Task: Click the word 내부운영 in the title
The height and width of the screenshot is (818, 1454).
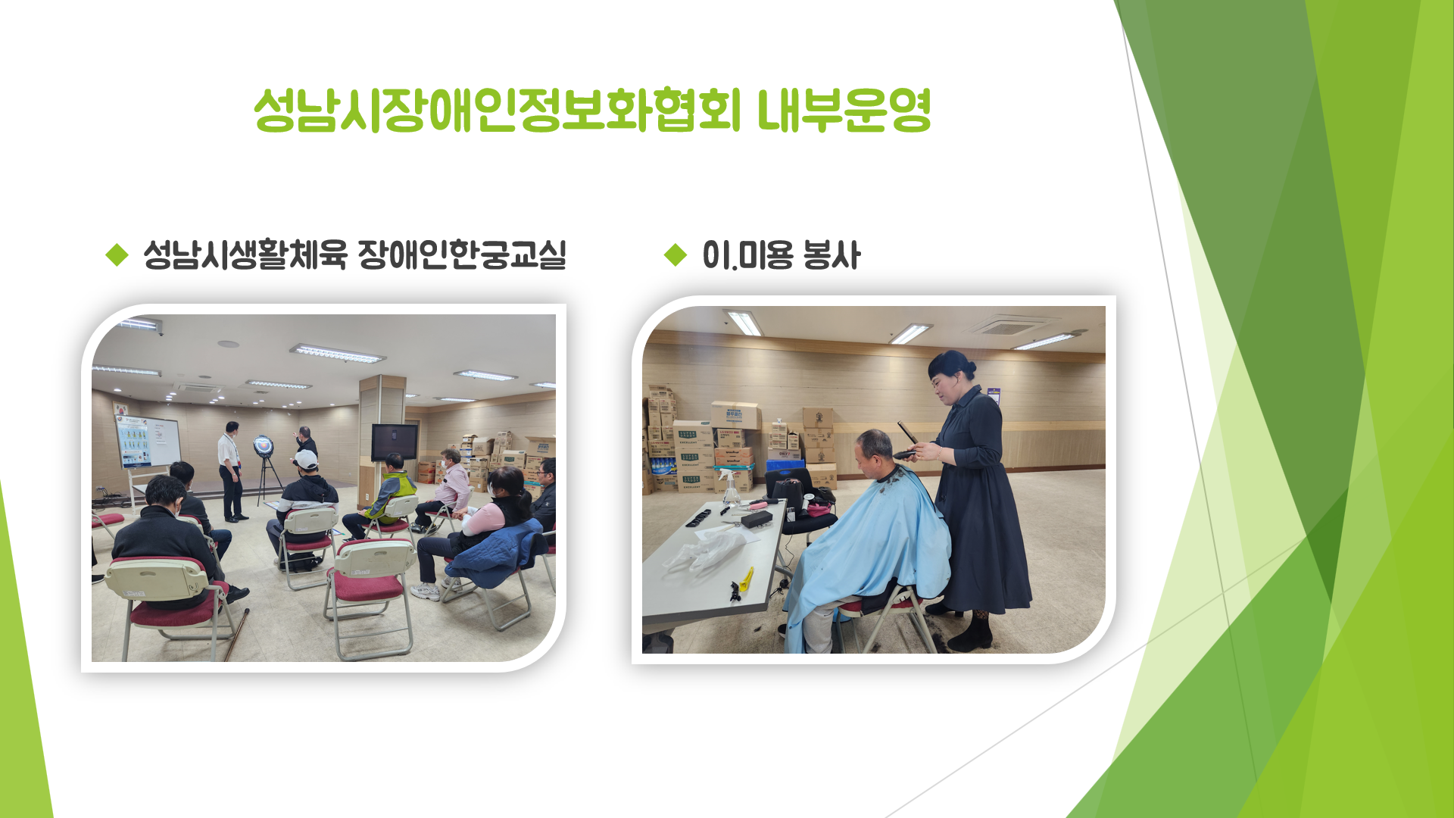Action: tap(844, 111)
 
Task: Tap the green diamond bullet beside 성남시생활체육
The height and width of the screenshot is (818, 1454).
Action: tap(117, 254)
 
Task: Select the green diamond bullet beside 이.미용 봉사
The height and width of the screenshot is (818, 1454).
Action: tap(675, 254)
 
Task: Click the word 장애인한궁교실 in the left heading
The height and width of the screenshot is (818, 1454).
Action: tap(462, 254)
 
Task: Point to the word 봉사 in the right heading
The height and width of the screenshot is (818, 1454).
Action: tap(832, 254)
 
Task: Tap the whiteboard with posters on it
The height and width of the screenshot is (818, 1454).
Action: tap(148, 441)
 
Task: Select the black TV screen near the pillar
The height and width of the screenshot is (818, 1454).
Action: tap(395, 441)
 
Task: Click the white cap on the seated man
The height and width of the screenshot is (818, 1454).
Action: tap(306, 459)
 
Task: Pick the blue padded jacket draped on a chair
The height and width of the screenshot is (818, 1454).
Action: tap(496, 553)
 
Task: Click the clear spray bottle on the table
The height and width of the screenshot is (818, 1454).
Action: tap(730, 487)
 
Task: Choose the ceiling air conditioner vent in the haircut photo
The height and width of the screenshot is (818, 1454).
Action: tap(1009, 326)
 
